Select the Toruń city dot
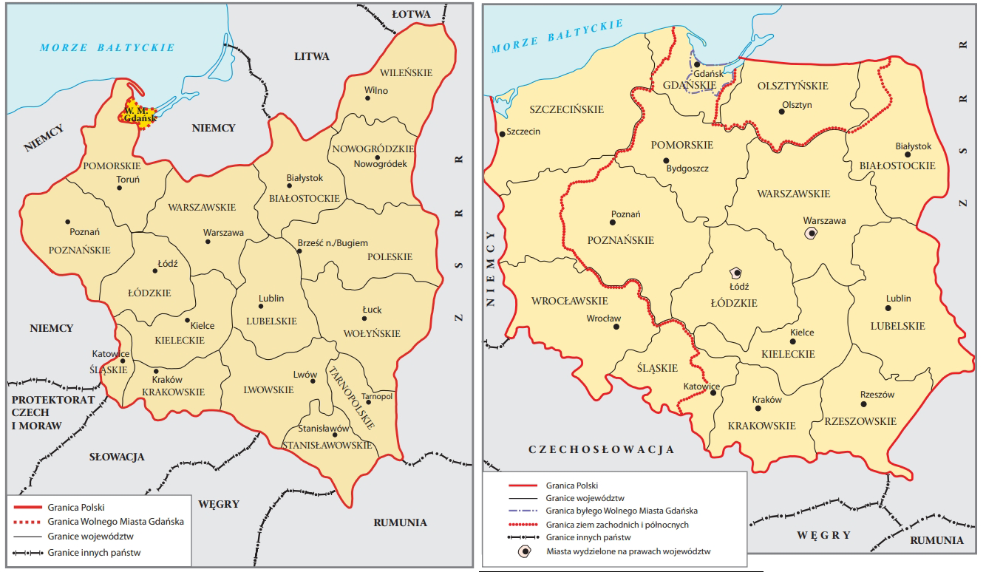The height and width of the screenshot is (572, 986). (x=119, y=188)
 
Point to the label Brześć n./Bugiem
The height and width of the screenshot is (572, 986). (x=332, y=243)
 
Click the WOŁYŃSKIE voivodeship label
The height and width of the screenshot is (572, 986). (x=372, y=333)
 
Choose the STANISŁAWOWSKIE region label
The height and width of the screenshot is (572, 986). (x=326, y=445)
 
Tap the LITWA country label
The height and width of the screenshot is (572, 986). (x=311, y=56)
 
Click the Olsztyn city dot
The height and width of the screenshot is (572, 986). (x=781, y=112)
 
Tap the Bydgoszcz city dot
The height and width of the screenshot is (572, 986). (x=666, y=160)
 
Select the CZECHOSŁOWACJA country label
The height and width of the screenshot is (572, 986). (x=602, y=449)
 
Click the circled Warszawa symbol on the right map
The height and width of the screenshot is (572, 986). (x=811, y=233)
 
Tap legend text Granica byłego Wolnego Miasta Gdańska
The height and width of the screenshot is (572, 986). (x=622, y=511)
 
